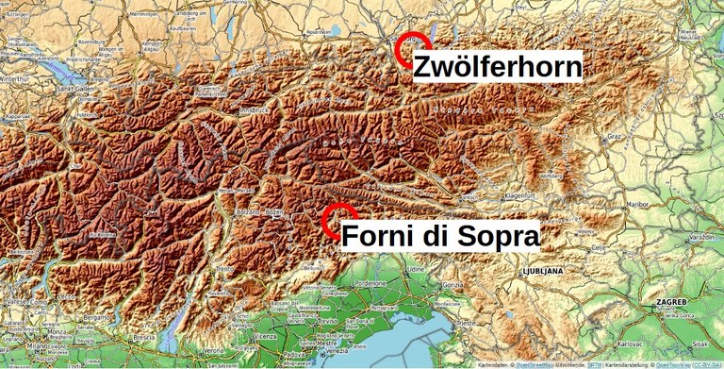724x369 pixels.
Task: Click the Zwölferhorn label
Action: [497, 67]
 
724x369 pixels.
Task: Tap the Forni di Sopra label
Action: [440, 236]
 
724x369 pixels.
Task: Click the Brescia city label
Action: [143, 337]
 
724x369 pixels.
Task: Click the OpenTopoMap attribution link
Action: [672, 363]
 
